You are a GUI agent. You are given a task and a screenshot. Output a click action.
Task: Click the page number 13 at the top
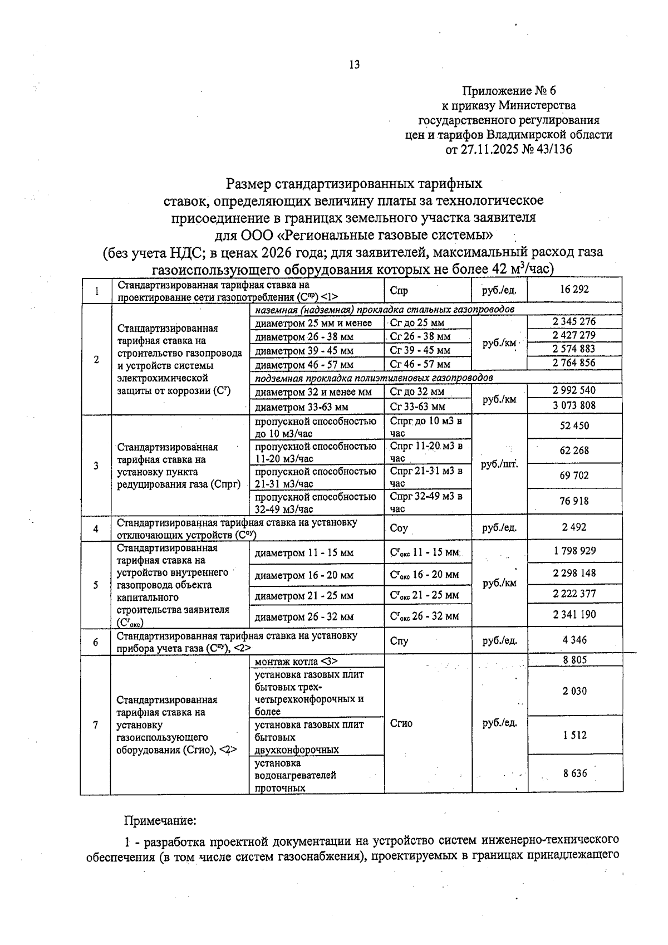click(x=354, y=65)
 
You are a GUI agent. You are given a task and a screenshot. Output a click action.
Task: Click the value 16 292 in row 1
click(x=574, y=290)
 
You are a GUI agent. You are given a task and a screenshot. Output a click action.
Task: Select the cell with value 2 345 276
click(x=574, y=321)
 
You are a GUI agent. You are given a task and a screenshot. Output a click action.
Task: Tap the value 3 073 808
click(x=574, y=405)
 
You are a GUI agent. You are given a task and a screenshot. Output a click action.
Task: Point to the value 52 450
click(x=574, y=426)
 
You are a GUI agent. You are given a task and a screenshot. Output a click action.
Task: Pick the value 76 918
click(x=574, y=501)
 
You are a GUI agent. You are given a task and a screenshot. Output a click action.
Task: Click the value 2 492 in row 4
click(x=574, y=527)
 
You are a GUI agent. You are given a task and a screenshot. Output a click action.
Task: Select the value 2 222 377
click(x=574, y=594)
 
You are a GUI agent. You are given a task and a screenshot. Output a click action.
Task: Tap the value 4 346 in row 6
click(x=574, y=640)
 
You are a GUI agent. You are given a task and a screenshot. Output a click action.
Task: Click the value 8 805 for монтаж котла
click(x=574, y=660)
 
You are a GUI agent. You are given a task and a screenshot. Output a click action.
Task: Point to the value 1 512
click(x=574, y=735)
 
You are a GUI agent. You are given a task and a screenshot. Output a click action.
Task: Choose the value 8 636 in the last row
click(x=574, y=773)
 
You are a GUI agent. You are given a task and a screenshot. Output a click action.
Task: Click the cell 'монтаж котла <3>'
click(x=296, y=662)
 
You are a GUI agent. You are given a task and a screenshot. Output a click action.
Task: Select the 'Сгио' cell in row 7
click(x=401, y=723)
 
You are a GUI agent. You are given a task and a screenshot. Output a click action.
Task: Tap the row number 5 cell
click(x=96, y=585)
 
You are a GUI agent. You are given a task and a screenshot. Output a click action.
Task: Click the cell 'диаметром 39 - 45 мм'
click(x=304, y=351)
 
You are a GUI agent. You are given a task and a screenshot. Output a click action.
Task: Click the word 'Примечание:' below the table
click(x=160, y=821)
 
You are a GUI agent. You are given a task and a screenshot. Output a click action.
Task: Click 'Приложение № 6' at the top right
click(x=509, y=91)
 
